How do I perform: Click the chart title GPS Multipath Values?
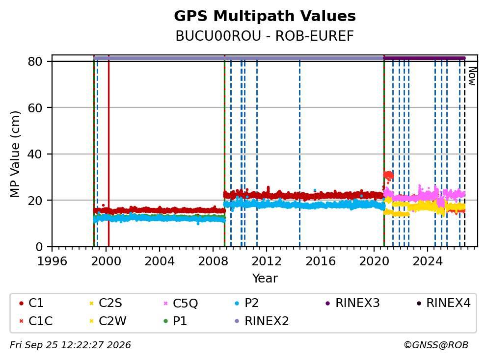coord(265,16)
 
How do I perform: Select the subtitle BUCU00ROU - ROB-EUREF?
coord(265,36)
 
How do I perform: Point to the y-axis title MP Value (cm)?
coord(15,154)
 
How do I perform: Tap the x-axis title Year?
coord(265,278)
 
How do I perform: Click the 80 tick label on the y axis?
coord(35,61)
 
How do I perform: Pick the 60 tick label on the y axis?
coord(35,108)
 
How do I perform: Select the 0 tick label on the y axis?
coord(39,247)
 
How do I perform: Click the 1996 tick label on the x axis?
coord(52,261)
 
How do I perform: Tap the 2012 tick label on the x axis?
coord(267,261)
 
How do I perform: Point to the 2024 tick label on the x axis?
coord(428,261)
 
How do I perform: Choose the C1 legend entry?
coord(31,303)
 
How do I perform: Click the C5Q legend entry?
coord(181,303)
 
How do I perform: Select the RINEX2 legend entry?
coord(262,321)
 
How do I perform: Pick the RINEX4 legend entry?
coord(443,303)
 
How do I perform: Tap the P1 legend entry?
coord(175,321)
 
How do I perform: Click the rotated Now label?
coord(472,76)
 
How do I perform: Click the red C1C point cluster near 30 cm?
coord(388,176)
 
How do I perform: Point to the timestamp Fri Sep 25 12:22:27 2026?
coord(70,345)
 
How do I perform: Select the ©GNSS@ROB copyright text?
coord(436,345)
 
